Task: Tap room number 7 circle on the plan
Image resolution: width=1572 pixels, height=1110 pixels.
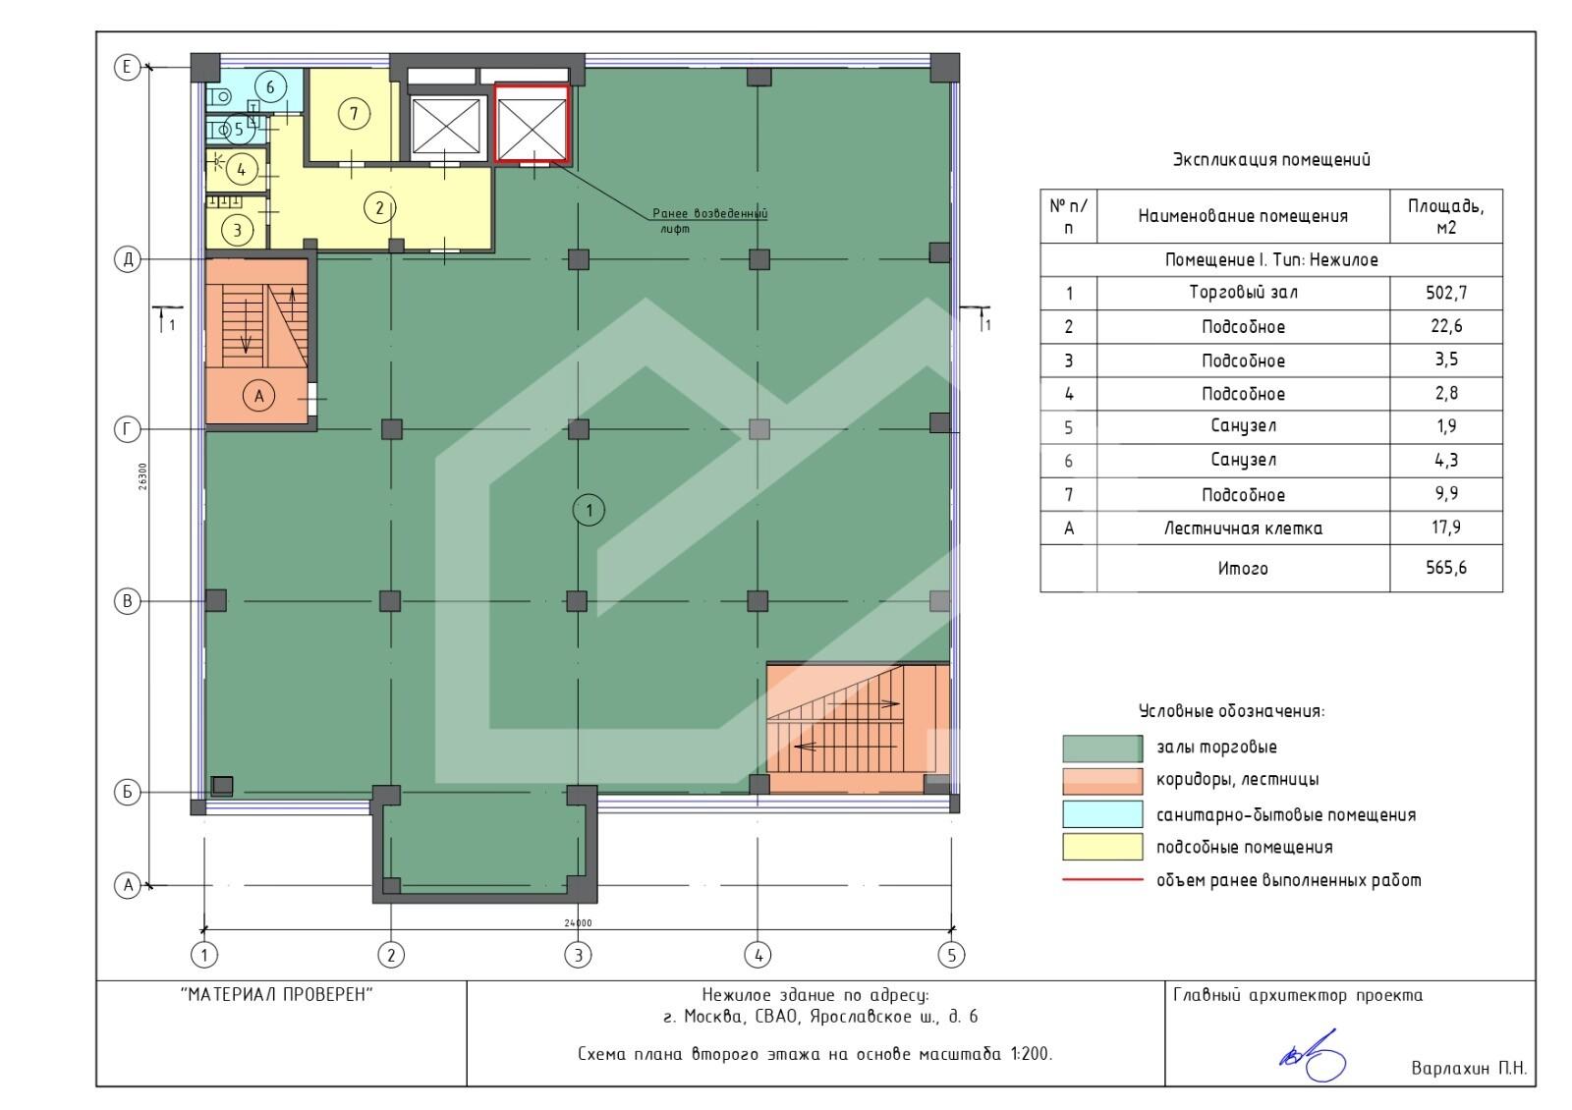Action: tap(354, 113)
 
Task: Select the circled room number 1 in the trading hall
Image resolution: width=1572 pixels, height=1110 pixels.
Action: tap(589, 510)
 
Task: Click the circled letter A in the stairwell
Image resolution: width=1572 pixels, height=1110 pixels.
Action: tap(259, 397)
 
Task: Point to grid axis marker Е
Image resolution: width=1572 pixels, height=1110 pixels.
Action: tap(127, 68)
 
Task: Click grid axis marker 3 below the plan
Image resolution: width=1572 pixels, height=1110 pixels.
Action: tap(579, 955)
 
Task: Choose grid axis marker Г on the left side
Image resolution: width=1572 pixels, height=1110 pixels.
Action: tap(127, 428)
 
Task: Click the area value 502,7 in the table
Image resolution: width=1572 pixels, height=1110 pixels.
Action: tap(1445, 293)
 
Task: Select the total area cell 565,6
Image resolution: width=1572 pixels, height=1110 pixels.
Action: tap(1445, 568)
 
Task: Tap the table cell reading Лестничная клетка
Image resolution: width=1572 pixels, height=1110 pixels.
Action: tap(1243, 528)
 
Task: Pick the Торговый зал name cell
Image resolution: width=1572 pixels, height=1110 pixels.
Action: tap(1243, 293)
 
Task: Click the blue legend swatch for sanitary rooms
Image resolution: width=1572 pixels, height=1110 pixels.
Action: tap(1102, 814)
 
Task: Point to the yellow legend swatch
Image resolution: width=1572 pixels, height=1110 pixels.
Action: tap(1102, 846)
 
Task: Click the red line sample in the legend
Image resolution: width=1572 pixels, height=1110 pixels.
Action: tap(1102, 879)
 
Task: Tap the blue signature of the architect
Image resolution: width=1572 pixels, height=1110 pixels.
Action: tap(1313, 1057)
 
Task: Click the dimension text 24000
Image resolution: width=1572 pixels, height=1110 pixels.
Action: tap(579, 922)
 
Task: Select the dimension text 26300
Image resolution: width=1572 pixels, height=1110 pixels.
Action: tap(143, 475)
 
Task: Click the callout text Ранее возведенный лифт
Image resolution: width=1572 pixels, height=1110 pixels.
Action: tap(709, 221)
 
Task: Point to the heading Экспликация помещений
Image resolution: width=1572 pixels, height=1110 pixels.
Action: tap(1271, 160)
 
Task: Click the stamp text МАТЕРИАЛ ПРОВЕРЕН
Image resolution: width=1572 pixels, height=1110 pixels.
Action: tap(277, 994)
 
